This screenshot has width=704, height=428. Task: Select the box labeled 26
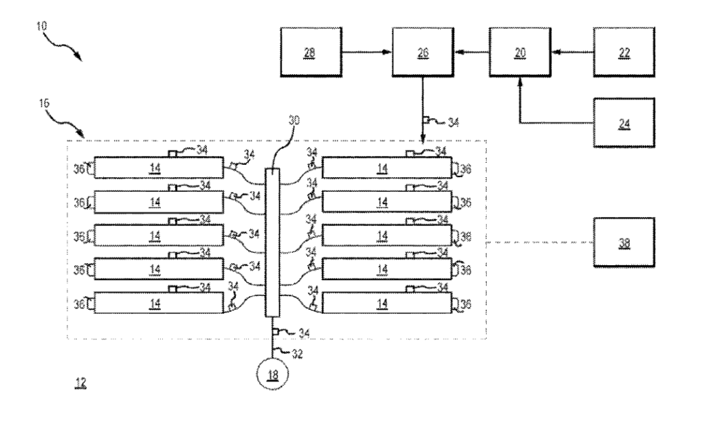(x=421, y=52)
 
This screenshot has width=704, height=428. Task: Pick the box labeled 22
(x=624, y=52)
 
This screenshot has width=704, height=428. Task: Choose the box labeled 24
(x=624, y=124)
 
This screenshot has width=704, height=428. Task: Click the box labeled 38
(x=624, y=243)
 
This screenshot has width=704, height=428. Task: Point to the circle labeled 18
(x=274, y=374)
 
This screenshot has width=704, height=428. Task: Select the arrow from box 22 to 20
(x=573, y=52)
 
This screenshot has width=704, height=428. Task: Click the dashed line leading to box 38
(x=540, y=243)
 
